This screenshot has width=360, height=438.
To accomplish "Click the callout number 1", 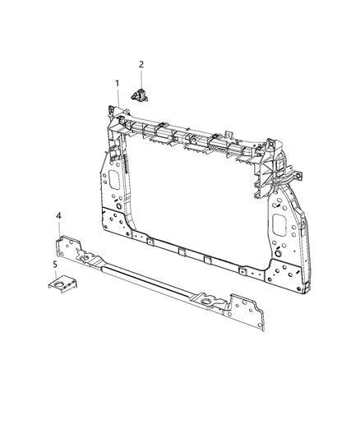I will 118,84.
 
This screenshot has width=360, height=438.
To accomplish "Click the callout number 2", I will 141,64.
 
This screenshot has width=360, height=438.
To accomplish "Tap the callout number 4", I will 58,215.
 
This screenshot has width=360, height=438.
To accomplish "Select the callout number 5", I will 56,265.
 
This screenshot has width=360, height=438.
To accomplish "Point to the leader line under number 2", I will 141,78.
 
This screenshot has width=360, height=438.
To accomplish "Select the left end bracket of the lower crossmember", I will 69,247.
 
